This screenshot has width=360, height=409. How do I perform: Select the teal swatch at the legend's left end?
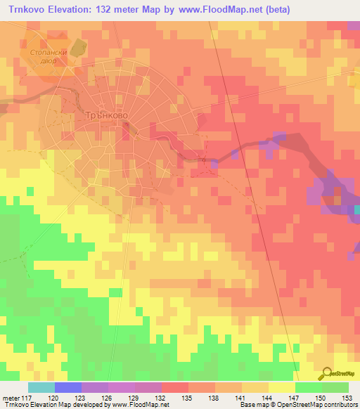41,387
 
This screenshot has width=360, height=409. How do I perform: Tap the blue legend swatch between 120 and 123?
68,387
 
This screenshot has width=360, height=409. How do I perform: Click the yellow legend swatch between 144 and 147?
281,387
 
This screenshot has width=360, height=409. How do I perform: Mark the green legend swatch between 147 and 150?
308,387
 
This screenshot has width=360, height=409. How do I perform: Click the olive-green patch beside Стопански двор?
77,48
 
